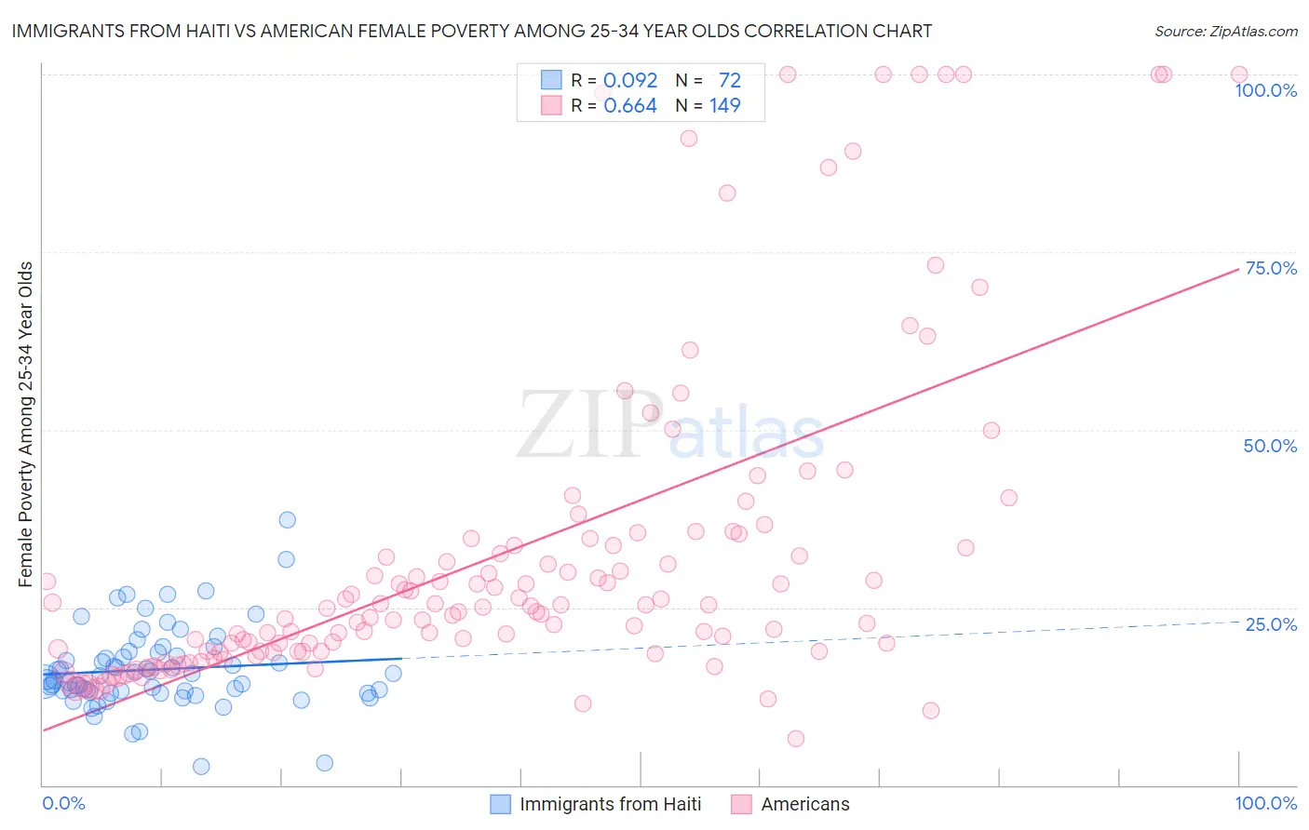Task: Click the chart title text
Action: [471, 31]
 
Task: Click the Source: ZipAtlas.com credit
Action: [1225, 31]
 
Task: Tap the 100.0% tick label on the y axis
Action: [1265, 90]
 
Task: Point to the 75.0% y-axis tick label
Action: [1270, 268]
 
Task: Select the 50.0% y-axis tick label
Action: [1270, 446]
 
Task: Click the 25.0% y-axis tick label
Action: [1270, 623]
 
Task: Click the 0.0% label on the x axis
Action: [63, 803]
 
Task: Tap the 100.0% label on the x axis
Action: [1265, 803]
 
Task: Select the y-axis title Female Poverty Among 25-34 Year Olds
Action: [26, 424]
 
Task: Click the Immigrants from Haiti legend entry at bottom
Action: [610, 804]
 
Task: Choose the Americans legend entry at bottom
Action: [804, 804]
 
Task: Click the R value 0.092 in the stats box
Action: [630, 81]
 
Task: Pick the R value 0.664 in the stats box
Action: [630, 106]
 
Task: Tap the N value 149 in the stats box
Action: [724, 106]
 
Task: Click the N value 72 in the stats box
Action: [729, 81]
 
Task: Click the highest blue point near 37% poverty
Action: [288, 519]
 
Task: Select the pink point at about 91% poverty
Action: [689, 138]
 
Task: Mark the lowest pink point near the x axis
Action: [796, 738]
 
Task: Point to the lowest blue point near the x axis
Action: [201, 766]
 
